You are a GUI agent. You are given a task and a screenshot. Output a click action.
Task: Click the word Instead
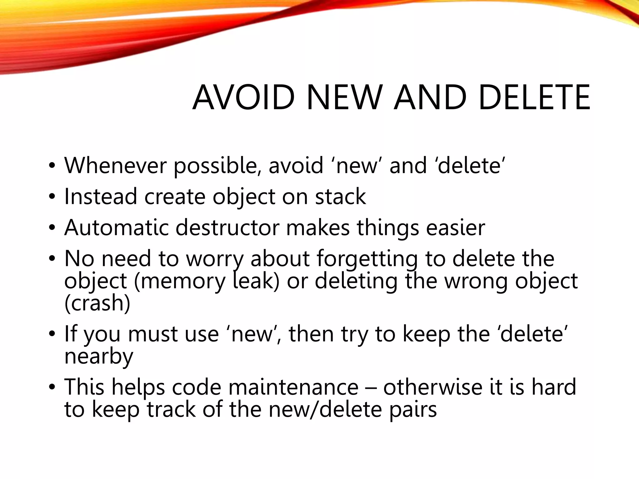(x=100, y=196)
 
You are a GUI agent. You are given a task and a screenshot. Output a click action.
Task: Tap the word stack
(x=340, y=196)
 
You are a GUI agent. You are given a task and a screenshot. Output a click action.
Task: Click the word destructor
(x=227, y=228)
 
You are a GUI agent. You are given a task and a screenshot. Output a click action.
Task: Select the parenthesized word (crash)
(x=97, y=303)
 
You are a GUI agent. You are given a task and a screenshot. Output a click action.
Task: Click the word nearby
(x=99, y=356)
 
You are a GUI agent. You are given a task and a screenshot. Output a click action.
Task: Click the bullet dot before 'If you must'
(x=52, y=334)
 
